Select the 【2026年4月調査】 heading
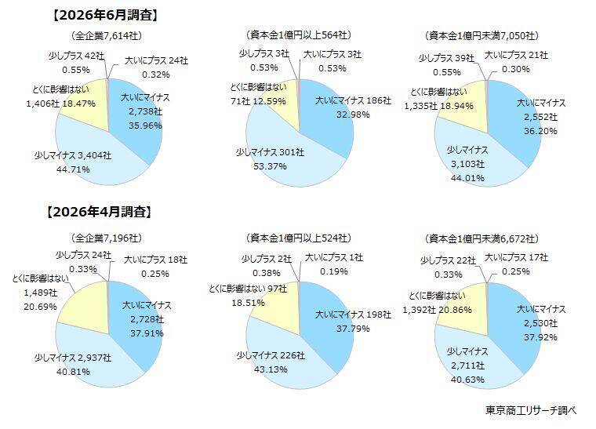tap(99, 212)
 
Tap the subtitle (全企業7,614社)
tap(107, 36)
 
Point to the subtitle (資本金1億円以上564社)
tap(299, 35)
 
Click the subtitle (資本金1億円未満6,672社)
tap(482, 238)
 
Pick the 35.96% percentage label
tap(145, 125)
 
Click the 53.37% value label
tap(270, 166)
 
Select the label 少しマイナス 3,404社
tap(73, 155)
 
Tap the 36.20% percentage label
tap(540, 131)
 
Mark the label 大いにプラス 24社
tap(157, 61)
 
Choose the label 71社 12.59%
tap(258, 101)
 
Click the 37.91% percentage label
tap(147, 333)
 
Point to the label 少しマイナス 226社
tap(271, 355)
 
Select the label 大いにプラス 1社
tap(334, 257)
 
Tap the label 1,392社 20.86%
tap(437, 310)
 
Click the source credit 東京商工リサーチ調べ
tap(531, 410)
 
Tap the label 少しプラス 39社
tap(447, 58)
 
